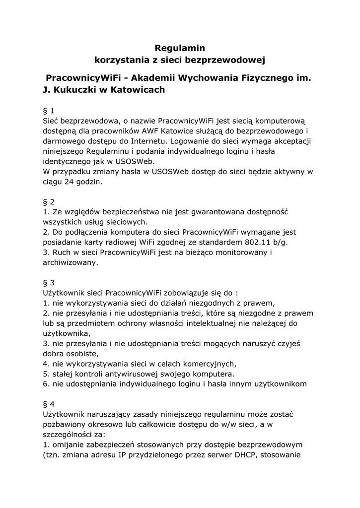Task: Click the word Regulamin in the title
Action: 180,48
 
